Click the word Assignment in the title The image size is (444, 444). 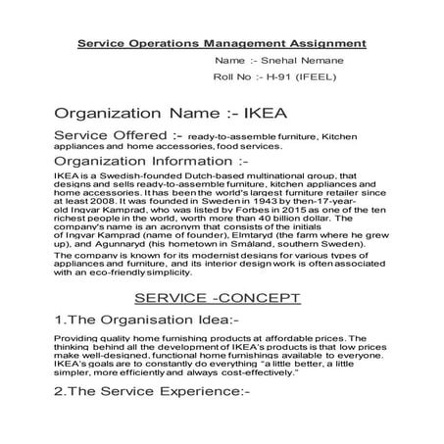[x=322, y=44]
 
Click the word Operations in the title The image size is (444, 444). [x=177, y=44]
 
